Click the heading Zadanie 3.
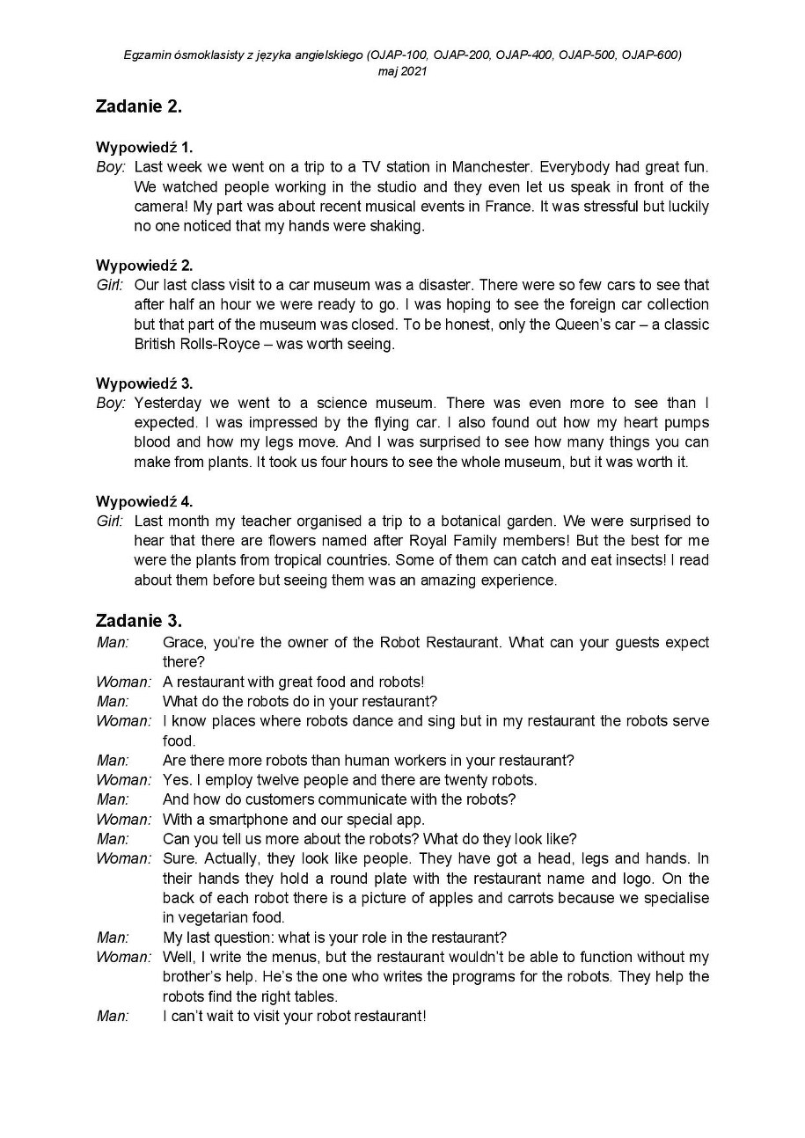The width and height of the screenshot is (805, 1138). pos(139,621)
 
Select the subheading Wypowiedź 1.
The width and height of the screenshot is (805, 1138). pos(144,147)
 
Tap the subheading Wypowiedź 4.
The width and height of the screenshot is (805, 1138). pos(144,501)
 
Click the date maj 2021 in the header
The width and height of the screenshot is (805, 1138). pos(402,71)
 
